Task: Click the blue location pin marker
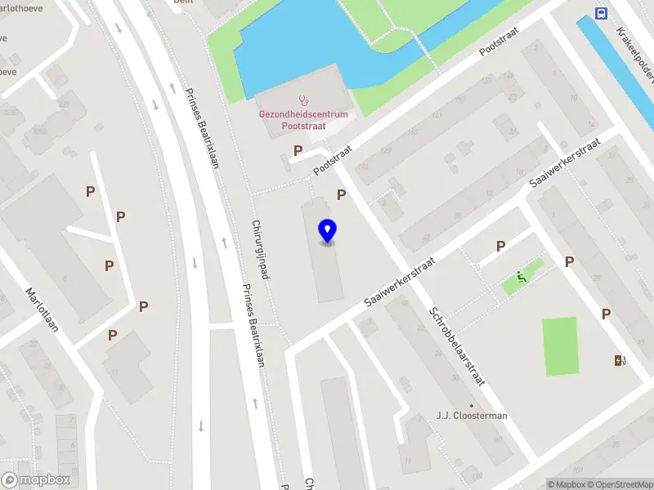(x=327, y=231)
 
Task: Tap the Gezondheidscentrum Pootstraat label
(x=303, y=120)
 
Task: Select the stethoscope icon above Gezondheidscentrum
(x=304, y=100)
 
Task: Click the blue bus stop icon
(x=602, y=13)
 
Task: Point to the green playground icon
(x=522, y=277)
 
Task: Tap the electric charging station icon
(x=620, y=360)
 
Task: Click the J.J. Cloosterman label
(x=472, y=416)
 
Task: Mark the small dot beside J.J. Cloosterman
(x=472, y=405)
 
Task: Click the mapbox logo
(x=36, y=480)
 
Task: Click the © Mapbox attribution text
(x=567, y=484)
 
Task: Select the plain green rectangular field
(x=560, y=346)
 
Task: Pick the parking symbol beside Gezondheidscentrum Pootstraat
(x=298, y=150)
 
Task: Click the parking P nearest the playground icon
(x=500, y=246)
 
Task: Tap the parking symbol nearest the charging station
(x=607, y=314)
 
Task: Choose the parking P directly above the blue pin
(x=342, y=194)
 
